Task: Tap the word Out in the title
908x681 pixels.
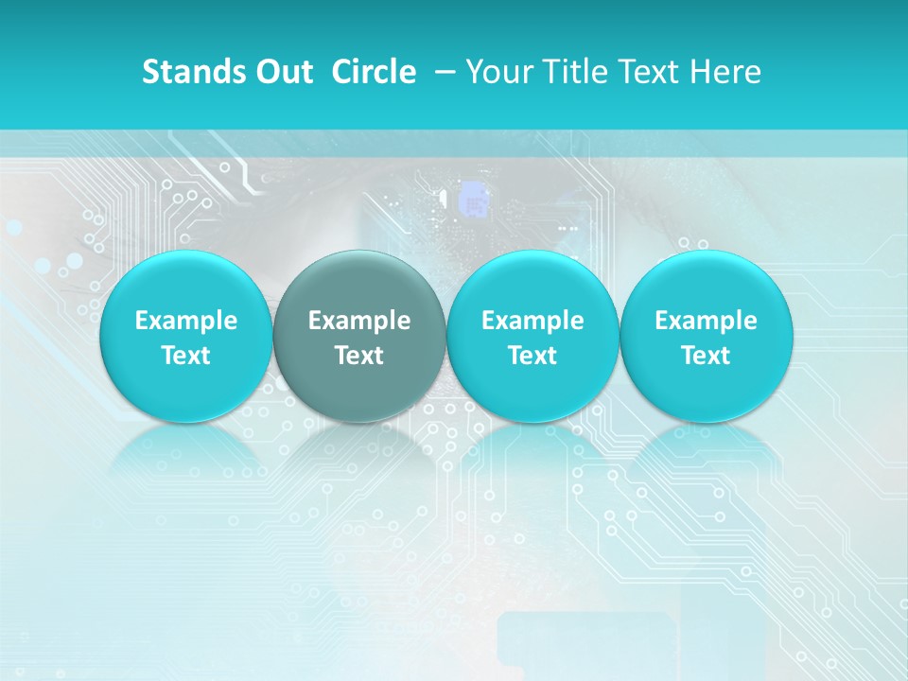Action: coord(282,72)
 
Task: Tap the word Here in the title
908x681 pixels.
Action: coord(725,72)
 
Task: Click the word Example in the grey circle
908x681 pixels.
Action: coord(359,321)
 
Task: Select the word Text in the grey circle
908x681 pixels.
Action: coord(359,356)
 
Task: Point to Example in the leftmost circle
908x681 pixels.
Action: coord(185,321)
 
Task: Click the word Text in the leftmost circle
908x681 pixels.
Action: coord(185,356)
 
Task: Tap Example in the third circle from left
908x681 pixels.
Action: coord(533,321)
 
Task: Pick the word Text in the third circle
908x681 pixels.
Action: coord(533,356)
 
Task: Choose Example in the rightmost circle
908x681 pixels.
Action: coord(706,321)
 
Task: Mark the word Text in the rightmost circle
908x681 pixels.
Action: coord(706,356)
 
